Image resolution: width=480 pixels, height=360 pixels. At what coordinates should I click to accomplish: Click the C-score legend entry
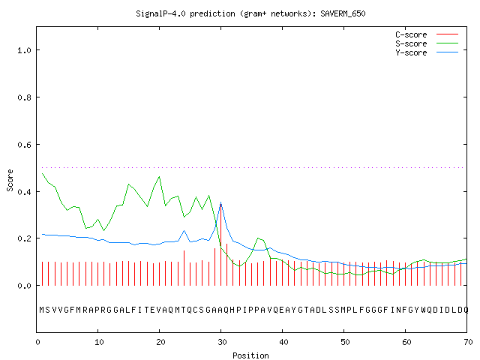click(427, 34)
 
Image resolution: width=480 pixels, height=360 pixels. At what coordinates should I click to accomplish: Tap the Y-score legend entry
click(427, 52)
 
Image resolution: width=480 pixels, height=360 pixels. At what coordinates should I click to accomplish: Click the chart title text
click(250, 13)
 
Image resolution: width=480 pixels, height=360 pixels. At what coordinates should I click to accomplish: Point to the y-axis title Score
click(10, 180)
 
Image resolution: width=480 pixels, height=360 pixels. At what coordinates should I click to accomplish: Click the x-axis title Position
click(250, 355)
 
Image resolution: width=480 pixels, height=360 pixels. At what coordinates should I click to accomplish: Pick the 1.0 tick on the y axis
click(24, 50)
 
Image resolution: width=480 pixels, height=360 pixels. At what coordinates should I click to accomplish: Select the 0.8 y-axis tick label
click(24, 97)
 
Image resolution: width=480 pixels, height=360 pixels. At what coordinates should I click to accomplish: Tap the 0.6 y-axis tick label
click(24, 145)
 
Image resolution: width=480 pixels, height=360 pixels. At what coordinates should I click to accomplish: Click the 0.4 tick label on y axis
click(24, 192)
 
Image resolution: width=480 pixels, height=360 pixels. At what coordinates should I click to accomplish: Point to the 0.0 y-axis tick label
click(24, 286)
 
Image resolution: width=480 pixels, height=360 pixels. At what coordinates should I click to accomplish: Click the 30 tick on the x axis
click(222, 342)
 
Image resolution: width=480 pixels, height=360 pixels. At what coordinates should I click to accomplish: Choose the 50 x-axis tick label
click(345, 342)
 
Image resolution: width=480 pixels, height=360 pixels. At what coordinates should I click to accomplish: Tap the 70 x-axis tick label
click(468, 342)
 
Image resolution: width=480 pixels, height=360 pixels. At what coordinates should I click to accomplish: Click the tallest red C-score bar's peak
click(220, 204)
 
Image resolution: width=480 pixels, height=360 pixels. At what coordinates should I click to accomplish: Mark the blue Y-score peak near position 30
click(220, 202)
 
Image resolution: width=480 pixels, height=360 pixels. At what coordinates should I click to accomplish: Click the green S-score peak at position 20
click(159, 177)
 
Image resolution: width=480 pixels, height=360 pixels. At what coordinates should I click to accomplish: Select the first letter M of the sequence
click(42, 310)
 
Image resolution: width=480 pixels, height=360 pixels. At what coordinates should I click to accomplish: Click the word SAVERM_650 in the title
click(343, 13)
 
